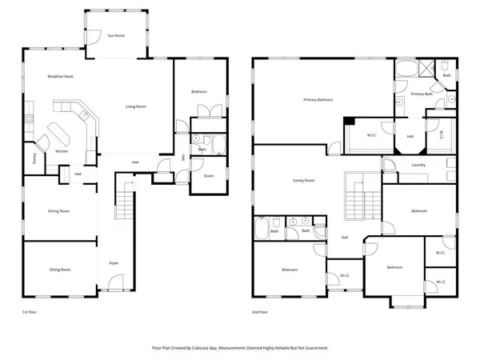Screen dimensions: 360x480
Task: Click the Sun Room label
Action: point(116,36)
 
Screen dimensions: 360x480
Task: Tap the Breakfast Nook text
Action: point(61,75)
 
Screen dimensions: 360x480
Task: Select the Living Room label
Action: point(135,106)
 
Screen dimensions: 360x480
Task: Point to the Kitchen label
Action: point(61,151)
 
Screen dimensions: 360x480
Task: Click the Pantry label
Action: point(34,158)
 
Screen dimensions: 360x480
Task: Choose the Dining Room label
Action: point(59,211)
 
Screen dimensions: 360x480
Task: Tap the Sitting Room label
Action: point(59,270)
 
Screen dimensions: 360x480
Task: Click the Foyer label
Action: point(114,262)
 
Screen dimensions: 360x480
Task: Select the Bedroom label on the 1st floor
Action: point(199,92)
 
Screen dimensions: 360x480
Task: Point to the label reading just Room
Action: point(208,176)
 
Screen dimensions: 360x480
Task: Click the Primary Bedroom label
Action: point(318,100)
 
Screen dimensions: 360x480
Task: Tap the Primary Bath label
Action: point(422,94)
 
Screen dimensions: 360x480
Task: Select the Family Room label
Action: point(303,181)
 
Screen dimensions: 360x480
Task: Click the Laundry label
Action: point(418,166)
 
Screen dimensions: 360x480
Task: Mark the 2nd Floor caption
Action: point(259,311)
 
